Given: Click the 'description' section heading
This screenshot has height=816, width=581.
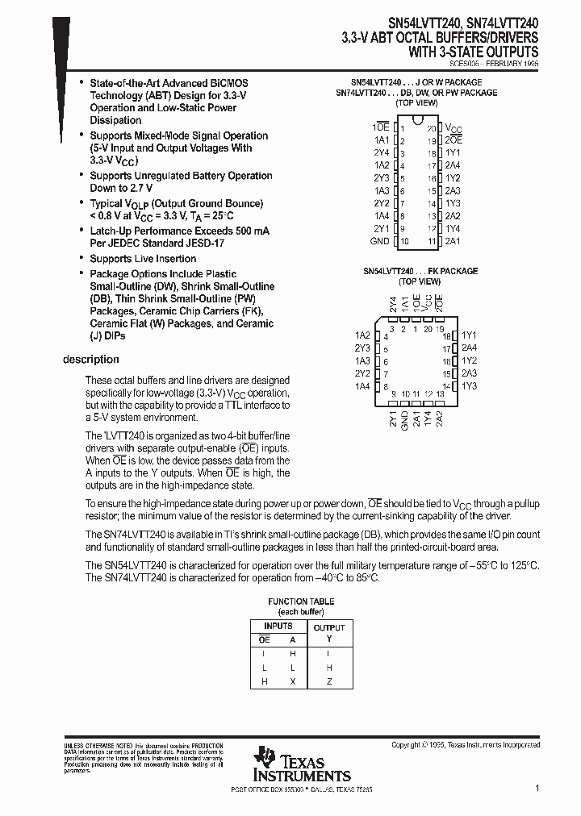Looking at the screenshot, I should coord(90,360).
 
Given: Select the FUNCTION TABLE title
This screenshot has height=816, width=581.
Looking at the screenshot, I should coord(301,602).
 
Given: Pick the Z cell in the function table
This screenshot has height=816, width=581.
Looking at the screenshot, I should coord(328,681).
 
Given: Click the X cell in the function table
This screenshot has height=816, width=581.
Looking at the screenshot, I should coord(292,681).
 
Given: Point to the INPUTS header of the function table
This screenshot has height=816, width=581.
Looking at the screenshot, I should coord(278,627).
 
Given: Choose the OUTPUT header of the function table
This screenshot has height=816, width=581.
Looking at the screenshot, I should coord(328,627).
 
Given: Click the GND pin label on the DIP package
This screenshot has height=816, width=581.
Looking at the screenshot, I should coord(379,241).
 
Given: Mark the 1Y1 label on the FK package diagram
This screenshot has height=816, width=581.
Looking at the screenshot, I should coord(470,335).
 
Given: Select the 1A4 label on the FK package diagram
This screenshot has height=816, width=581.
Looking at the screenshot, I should coord(362,386).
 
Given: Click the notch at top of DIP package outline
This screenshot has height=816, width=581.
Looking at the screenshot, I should coord(416,121).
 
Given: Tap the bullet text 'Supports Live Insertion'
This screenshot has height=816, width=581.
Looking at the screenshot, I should coord(143,259).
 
